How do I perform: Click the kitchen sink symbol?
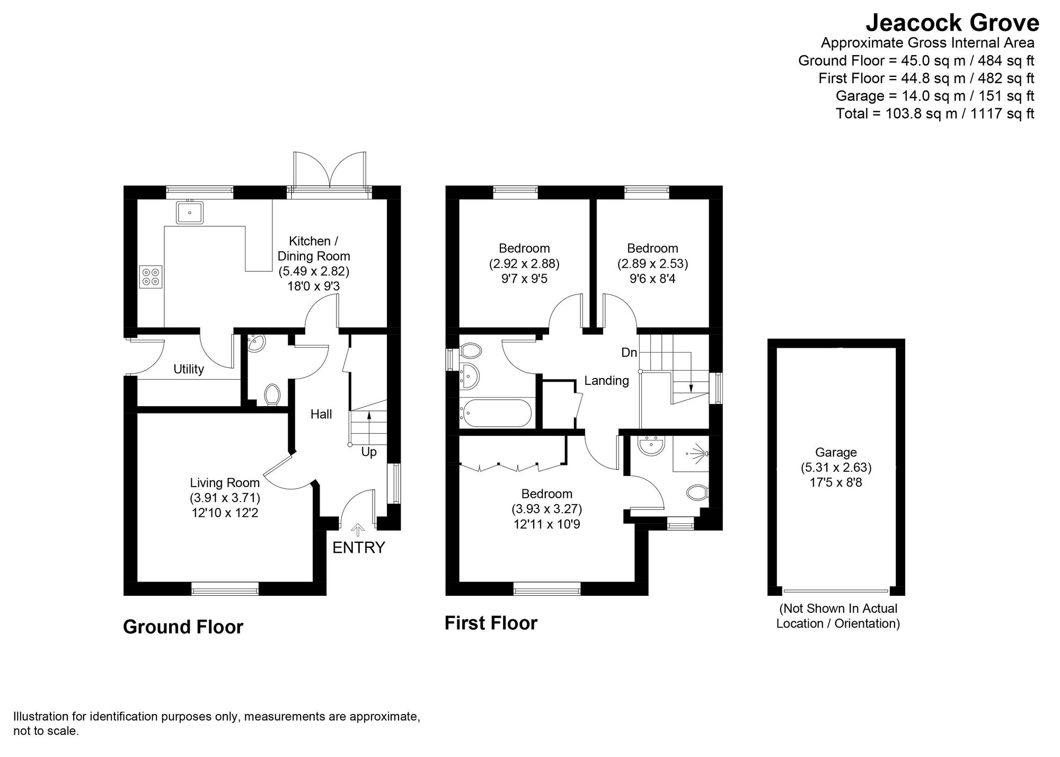(189, 213)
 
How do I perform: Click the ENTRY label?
(358, 548)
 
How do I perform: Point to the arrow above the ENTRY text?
(358, 530)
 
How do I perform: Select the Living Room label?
(225, 483)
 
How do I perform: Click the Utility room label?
(189, 369)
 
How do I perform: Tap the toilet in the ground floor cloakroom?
(272, 395)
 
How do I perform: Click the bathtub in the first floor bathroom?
(496, 413)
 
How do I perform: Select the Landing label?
(606, 380)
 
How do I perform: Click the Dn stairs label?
(629, 353)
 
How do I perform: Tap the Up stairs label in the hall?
(369, 452)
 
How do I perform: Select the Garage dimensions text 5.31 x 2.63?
(836, 468)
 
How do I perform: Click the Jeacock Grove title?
(952, 23)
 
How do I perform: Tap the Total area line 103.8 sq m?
(934, 113)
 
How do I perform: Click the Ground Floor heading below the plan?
(183, 627)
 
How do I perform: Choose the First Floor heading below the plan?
(491, 623)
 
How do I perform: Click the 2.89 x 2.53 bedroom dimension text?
(652, 263)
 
